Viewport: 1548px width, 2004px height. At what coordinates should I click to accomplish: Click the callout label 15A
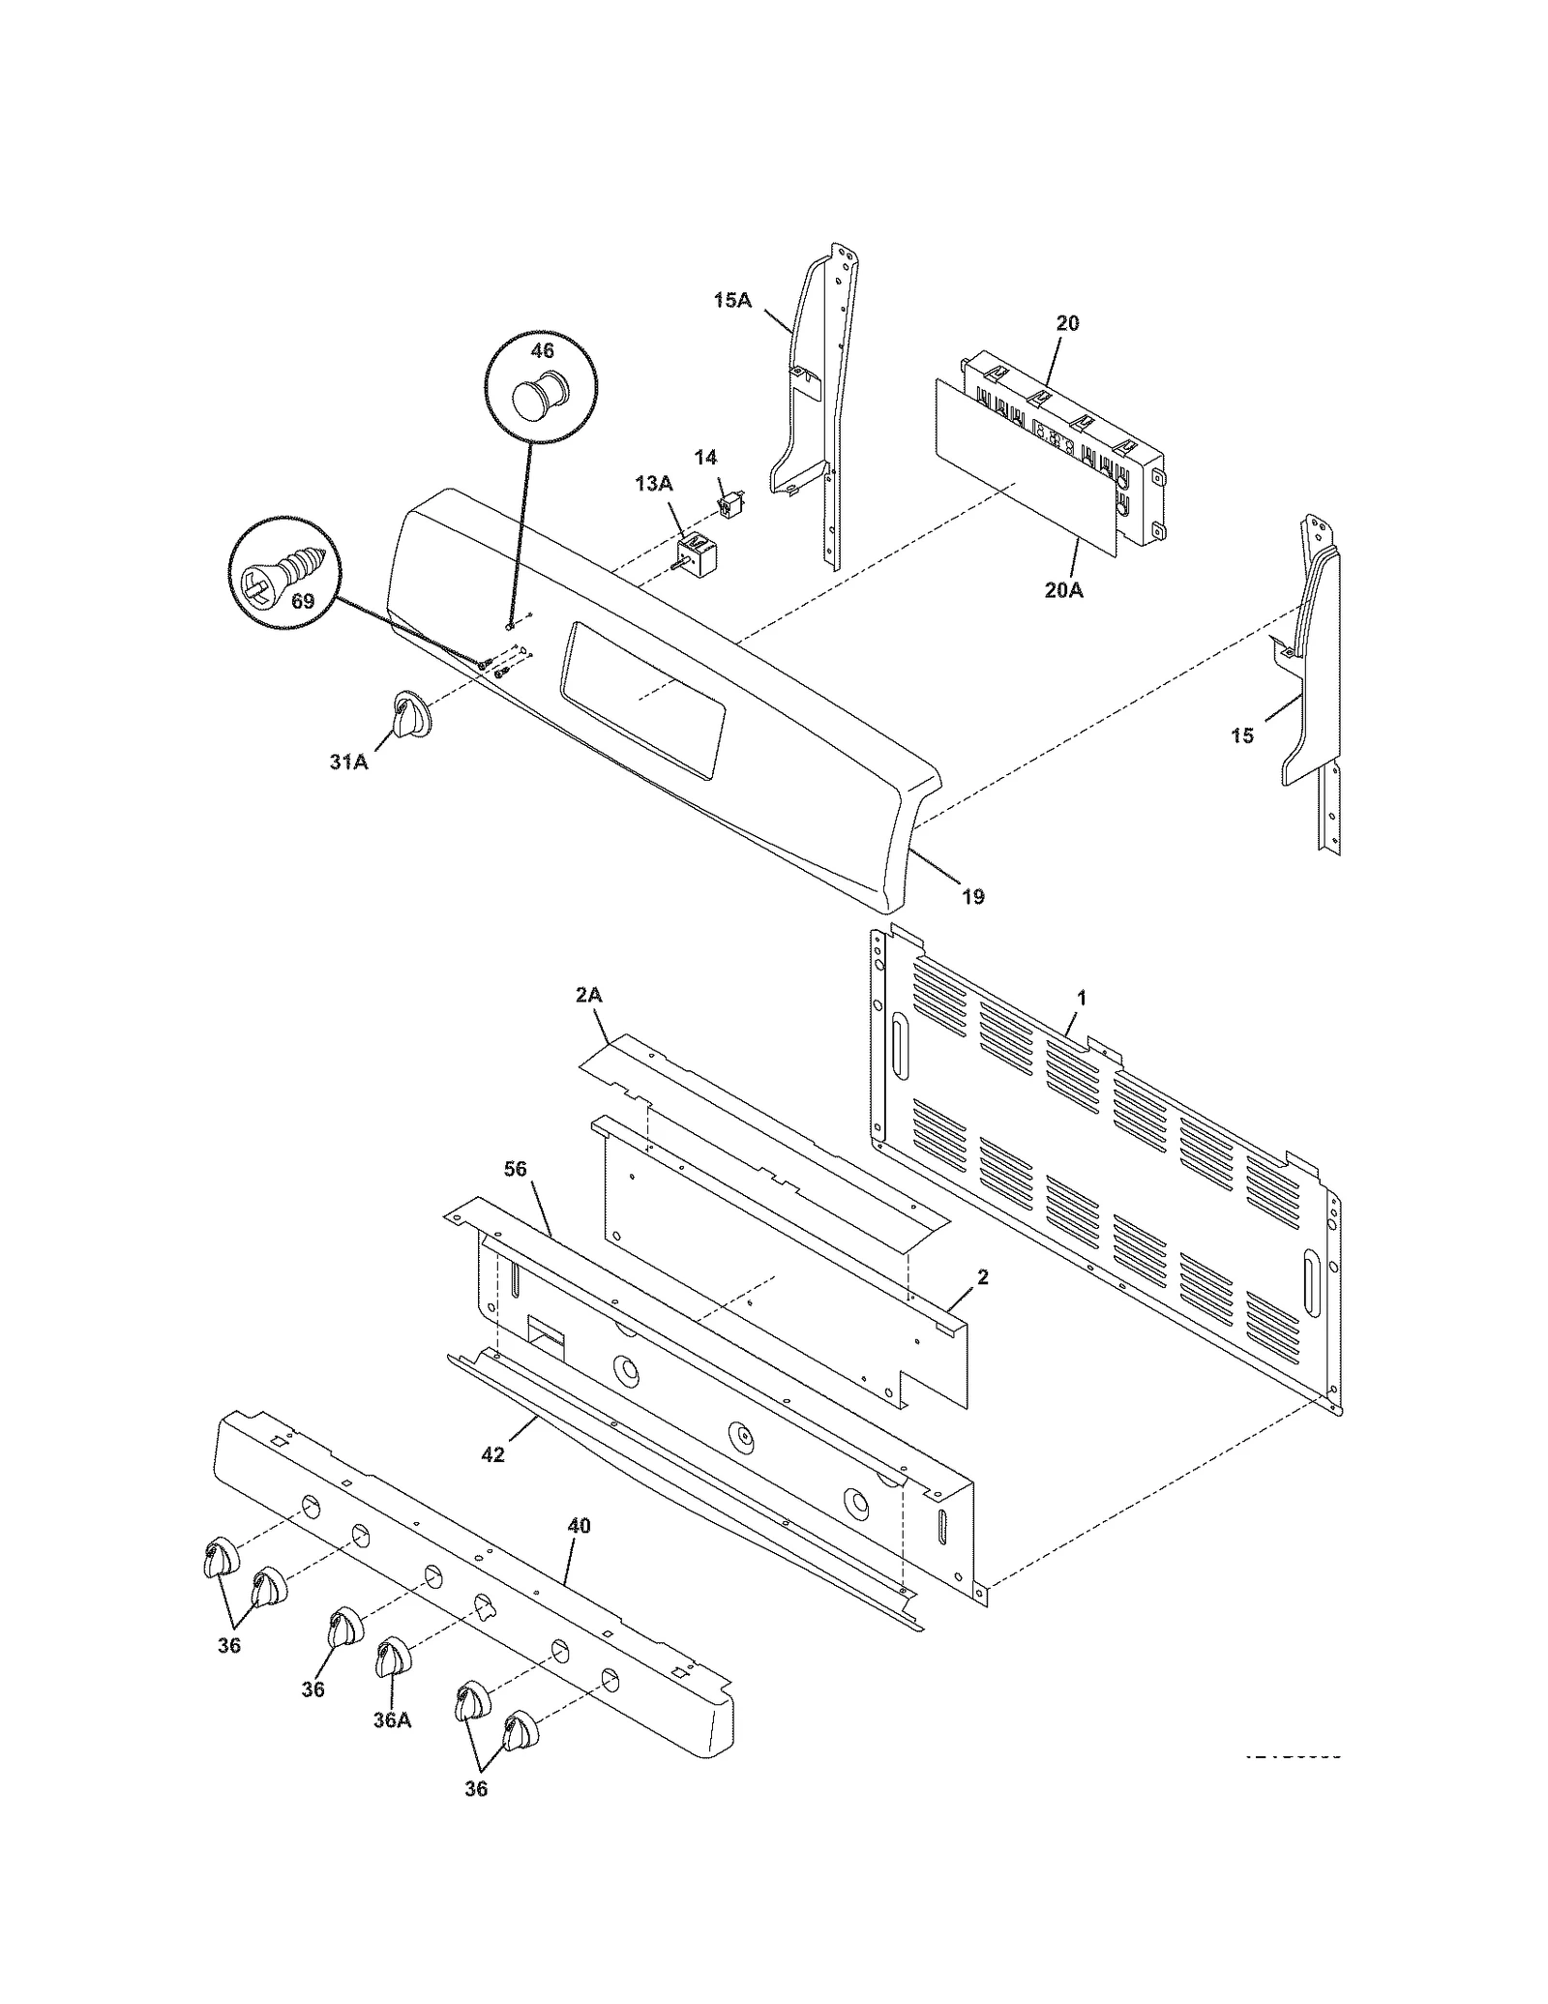732,300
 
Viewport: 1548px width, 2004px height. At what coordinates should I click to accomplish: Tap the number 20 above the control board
1067,323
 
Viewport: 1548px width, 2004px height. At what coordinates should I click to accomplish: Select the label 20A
1063,588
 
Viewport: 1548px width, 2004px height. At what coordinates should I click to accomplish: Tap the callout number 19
973,897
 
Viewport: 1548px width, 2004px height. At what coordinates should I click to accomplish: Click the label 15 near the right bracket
1242,736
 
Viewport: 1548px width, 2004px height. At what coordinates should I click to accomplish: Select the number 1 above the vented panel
1082,998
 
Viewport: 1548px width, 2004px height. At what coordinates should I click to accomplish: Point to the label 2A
589,995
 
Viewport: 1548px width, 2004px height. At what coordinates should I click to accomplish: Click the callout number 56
516,1170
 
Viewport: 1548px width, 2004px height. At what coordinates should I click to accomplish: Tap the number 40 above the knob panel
578,1526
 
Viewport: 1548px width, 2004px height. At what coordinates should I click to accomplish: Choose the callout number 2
983,1278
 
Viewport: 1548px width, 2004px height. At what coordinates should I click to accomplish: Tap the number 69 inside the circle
303,602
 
